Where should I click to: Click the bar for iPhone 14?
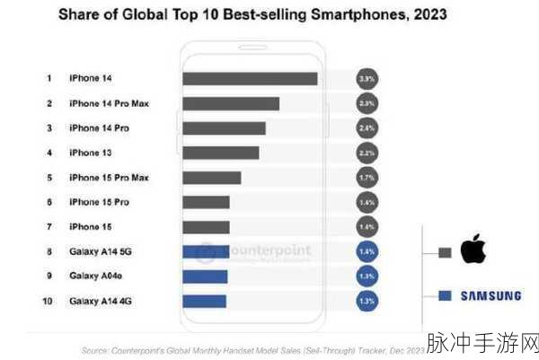250,79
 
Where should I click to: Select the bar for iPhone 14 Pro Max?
231,104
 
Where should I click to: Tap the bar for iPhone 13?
221,153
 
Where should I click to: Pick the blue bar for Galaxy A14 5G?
205,251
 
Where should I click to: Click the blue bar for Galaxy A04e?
204,277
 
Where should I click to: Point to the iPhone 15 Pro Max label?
109,178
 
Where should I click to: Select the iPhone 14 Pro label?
99,128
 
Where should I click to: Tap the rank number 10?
49,301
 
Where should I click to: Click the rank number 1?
49,79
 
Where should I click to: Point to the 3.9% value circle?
366,79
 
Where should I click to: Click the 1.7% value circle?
366,178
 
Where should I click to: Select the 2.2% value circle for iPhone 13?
366,153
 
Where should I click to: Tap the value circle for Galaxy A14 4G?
366,301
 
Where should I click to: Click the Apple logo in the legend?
473,251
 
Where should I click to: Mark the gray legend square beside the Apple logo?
444,252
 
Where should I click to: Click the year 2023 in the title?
425,15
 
